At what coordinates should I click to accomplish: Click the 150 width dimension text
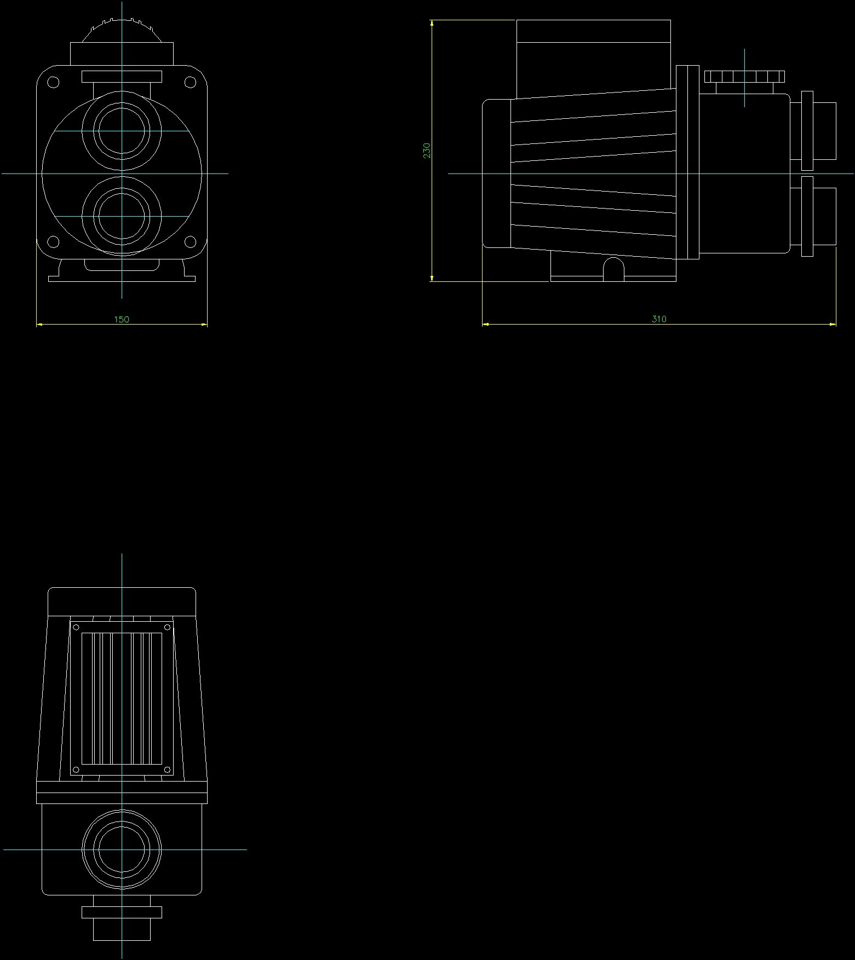click(122, 319)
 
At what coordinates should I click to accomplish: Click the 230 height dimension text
click(427, 151)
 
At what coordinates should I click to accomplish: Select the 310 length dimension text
click(659, 319)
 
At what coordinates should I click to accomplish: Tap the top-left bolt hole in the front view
click(54, 83)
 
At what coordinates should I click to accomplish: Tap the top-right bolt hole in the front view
click(190, 83)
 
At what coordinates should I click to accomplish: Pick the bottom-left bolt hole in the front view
click(54, 241)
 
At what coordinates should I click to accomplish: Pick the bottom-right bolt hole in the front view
click(190, 241)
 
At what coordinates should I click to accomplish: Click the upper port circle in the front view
click(122, 131)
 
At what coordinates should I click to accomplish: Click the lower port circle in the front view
click(122, 216)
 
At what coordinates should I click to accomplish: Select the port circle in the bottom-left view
click(122, 849)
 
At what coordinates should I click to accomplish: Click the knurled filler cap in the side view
click(744, 76)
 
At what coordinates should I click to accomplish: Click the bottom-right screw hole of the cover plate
click(168, 770)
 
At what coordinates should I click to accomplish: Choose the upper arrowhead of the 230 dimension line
click(432, 24)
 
